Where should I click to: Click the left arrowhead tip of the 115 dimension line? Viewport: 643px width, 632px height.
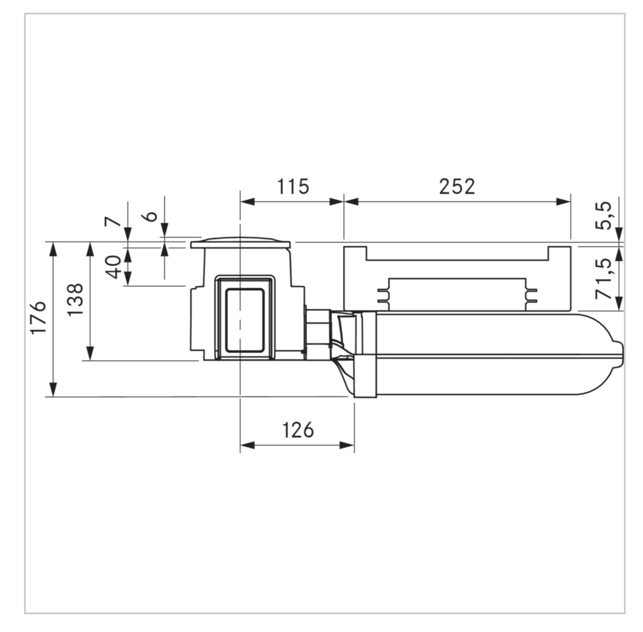(241, 201)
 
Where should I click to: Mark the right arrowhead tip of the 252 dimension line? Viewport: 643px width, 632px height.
(571, 201)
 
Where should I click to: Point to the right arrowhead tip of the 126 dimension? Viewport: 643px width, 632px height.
(354, 445)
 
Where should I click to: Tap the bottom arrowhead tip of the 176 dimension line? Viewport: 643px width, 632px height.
(53, 396)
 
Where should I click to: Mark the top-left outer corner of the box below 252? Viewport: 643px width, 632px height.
(344, 246)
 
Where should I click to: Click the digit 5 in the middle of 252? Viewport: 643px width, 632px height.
(457, 187)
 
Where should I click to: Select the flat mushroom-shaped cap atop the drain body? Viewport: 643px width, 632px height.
(240, 243)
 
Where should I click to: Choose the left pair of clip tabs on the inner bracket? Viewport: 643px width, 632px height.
(383, 295)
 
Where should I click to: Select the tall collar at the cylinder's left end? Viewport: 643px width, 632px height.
(365, 354)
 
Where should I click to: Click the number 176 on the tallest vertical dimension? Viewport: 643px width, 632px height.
(38, 318)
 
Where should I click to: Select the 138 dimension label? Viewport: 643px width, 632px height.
(75, 300)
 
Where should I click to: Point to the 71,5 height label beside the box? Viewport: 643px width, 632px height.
(603, 278)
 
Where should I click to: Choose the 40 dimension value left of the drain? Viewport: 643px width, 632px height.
(113, 267)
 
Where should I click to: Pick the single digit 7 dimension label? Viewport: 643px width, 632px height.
(113, 221)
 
